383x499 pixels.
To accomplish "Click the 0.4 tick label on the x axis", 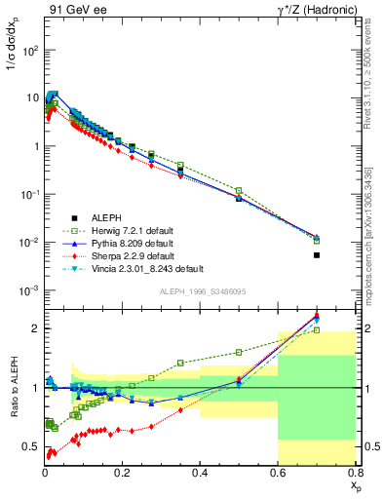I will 200,473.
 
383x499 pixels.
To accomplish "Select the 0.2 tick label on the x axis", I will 122,473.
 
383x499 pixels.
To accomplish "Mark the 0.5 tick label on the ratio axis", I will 31,447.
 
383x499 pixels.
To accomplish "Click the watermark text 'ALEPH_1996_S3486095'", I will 201,291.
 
